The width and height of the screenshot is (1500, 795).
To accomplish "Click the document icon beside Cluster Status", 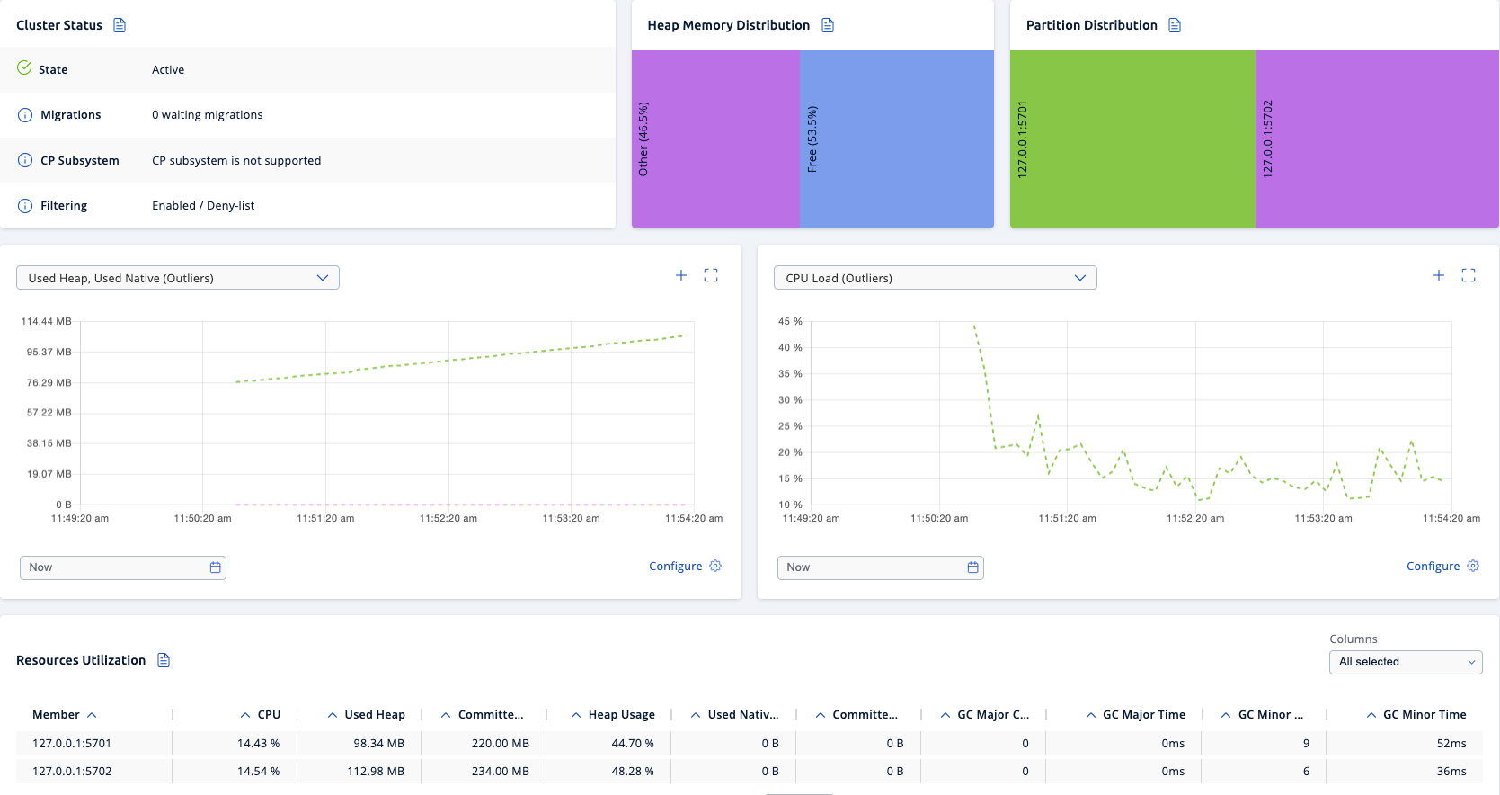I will point(120,25).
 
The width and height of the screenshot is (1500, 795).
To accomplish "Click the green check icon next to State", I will point(24,67).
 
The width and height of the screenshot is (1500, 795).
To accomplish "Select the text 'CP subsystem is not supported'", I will point(236,160).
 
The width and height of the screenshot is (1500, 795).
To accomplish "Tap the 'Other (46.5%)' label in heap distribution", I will point(643,139).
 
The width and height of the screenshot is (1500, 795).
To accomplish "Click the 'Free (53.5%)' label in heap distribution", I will point(812,139).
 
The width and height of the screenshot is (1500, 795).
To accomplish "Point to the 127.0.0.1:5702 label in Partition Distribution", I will point(1268,139).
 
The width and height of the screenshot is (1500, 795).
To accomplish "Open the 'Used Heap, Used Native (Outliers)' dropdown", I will point(178,278).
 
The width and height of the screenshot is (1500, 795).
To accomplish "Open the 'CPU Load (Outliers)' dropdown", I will point(935,278).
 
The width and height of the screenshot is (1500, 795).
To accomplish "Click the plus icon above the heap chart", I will point(681,275).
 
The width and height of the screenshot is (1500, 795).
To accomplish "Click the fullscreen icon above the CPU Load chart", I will point(1469,275).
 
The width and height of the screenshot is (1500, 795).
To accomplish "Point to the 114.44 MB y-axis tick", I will point(47,321).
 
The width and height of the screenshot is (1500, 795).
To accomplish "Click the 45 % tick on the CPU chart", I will point(790,321).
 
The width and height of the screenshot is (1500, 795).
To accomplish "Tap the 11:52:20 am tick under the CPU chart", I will point(1194,518).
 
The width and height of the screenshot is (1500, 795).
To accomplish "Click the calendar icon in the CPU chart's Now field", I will point(972,567).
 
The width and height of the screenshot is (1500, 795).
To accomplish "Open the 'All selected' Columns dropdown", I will point(1405,662).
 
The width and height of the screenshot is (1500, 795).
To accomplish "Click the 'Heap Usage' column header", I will point(621,714).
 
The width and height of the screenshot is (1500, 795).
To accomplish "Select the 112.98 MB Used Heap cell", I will point(376,771).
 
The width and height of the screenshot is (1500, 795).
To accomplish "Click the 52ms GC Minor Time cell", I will point(1451,743).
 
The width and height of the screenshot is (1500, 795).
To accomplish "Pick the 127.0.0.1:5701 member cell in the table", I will point(72,743).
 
